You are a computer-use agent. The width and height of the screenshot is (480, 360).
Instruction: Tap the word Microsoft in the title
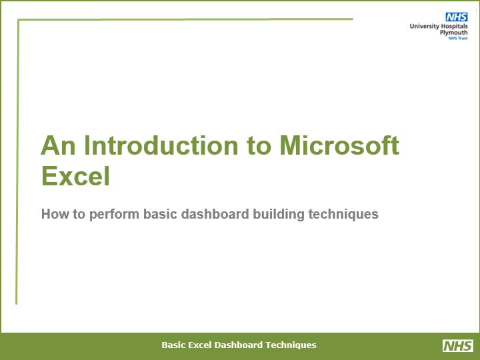pos(339,145)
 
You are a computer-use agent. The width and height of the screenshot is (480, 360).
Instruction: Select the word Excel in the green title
pos(75,176)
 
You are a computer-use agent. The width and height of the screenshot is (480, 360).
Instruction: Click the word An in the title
pos(58,145)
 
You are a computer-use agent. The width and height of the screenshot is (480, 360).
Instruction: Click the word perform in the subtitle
pos(114,214)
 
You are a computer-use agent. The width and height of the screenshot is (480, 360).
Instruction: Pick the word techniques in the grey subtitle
pos(343,214)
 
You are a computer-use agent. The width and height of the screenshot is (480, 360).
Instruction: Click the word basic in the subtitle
pos(160,214)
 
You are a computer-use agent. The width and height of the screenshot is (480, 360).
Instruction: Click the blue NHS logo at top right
pos(457,17)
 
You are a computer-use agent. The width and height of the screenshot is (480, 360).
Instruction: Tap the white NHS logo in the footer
pos(458,345)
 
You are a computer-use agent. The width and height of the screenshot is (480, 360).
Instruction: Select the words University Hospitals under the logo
pos(439,26)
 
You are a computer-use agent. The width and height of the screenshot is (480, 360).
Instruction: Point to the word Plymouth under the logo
pos(454,33)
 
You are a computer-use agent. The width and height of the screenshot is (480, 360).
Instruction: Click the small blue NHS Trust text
pos(458,38)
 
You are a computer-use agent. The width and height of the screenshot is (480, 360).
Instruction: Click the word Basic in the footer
pos(173,345)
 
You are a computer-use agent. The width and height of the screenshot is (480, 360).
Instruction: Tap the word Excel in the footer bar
pos(199,345)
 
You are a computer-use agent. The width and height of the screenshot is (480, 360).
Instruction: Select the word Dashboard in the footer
pos(239,345)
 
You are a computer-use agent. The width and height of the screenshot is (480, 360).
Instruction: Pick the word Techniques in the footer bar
pos(291,345)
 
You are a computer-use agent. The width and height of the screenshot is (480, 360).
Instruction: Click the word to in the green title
pos(259,146)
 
